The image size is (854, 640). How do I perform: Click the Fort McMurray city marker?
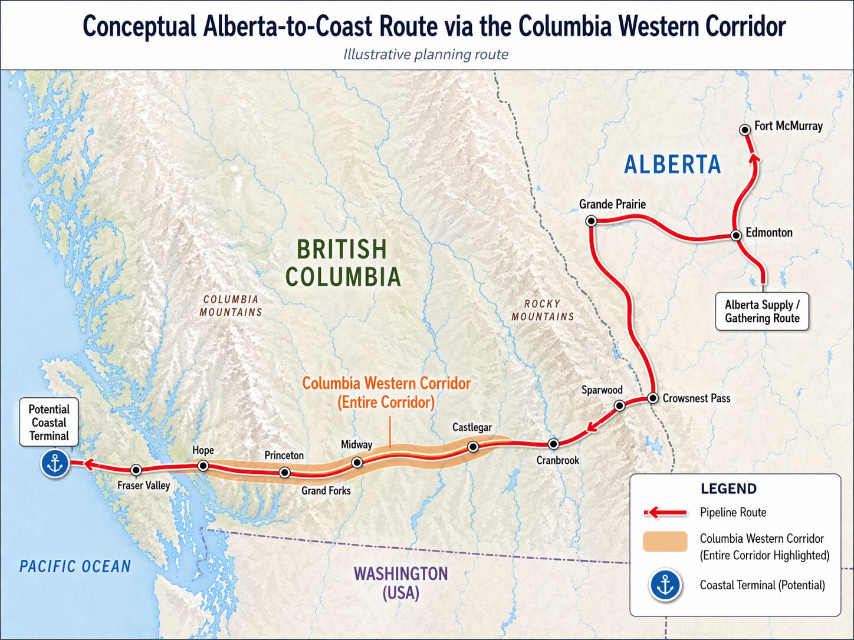point(745,129)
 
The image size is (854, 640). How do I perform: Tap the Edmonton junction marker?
point(736,235)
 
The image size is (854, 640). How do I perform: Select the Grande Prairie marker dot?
point(590,221)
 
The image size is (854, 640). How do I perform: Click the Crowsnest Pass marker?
point(653,398)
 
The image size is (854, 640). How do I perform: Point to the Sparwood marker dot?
point(619,405)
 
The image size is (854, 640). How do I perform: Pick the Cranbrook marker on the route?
point(553,444)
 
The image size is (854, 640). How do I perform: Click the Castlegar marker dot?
point(473,447)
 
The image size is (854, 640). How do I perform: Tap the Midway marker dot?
point(357,463)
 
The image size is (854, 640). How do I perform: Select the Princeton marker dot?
point(285,472)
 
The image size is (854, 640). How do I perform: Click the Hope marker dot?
point(203,466)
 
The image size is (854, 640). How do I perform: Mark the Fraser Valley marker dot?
point(136,470)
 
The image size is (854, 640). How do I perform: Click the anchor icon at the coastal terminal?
point(55,464)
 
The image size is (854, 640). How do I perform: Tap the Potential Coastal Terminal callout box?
point(49,423)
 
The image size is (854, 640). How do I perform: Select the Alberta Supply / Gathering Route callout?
point(762,311)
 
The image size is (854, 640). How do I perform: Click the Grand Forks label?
point(326,490)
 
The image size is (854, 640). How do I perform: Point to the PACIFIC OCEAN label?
point(75,566)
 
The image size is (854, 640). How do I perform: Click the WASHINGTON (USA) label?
point(400,583)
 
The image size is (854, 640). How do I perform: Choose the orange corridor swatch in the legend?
point(665,542)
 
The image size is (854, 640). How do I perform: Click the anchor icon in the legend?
point(665,585)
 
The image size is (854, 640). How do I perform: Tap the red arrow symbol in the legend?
point(665,512)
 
